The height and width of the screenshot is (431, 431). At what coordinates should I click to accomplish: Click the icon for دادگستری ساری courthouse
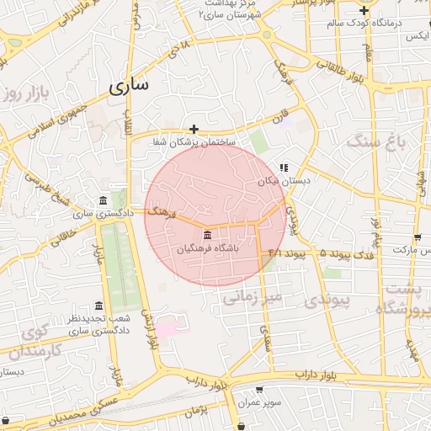(103, 200)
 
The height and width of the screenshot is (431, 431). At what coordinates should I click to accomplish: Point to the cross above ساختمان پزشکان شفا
(194, 129)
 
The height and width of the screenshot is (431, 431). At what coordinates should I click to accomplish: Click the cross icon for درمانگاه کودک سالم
(363, 11)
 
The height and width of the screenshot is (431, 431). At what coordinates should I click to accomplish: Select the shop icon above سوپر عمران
(258, 390)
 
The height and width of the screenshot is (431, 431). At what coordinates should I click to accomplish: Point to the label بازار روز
(22, 92)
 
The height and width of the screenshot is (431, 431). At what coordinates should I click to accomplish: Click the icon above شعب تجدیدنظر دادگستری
(99, 306)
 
